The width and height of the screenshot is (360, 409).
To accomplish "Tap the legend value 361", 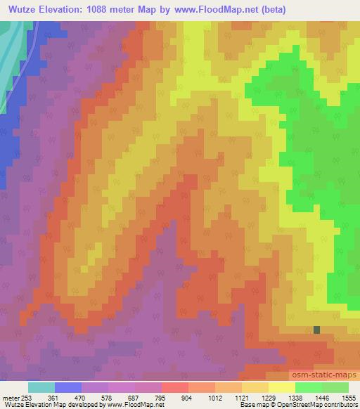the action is click(x=61, y=397).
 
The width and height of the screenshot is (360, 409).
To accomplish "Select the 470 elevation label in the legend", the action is click(x=89, y=397).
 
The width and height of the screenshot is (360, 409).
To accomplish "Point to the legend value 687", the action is click(x=142, y=397).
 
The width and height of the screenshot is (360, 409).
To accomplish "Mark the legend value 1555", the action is click(x=349, y=397).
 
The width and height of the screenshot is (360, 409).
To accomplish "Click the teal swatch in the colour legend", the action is click(x=41, y=387).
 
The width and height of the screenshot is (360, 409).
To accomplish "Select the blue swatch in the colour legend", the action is click(x=68, y=387).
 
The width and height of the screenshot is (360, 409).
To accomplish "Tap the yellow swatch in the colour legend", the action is click(x=282, y=387).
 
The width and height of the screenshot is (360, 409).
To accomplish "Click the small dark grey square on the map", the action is click(x=316, y=329).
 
